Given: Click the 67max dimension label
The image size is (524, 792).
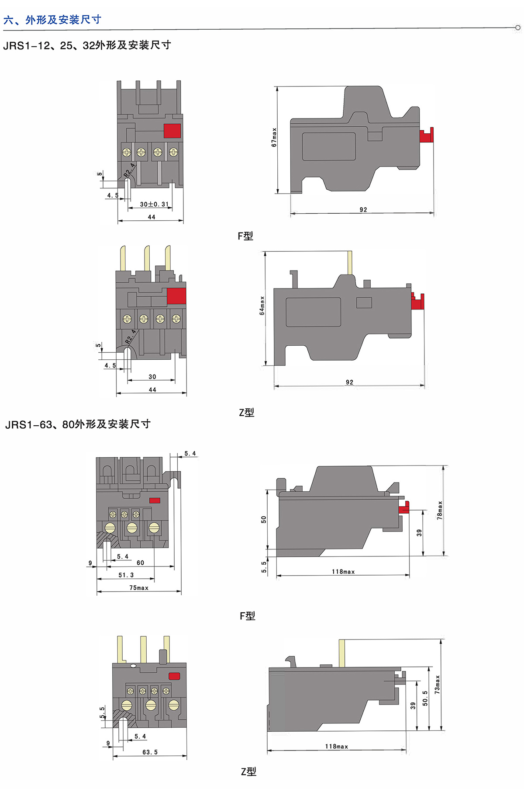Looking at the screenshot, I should coord(274,137).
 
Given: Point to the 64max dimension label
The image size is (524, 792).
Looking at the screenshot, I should coord(262,306).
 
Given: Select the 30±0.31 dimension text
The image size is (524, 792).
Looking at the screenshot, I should coord(154,204).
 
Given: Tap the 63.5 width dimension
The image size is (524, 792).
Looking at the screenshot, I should coord(150,752).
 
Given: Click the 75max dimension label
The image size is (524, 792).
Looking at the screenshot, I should coord(139,588).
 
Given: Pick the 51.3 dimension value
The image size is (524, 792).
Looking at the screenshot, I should coord(126,575).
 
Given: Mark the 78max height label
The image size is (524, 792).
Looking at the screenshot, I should coord(440,510).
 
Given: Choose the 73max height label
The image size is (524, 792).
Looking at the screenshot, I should coord(437,684).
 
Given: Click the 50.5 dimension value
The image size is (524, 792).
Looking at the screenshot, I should coord(425,698).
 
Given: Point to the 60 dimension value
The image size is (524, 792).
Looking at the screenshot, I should coord(140,563).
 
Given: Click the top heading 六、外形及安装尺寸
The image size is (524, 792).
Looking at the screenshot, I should coord(52,20).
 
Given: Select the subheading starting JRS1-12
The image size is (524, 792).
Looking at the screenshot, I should coord(87,45).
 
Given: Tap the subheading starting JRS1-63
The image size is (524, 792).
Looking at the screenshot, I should coord(78,424).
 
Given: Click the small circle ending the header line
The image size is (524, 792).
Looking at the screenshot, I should coord(518,28).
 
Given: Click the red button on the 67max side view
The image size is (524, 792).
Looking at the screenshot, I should coord(426,135).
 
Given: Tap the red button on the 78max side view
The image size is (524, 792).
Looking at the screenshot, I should coord(404,507).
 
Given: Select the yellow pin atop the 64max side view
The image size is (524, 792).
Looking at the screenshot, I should coord(350,262).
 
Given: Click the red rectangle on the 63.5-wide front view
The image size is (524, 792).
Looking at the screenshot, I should coord(174,676).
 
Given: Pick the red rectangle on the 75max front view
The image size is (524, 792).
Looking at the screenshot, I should coord(155,500).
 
